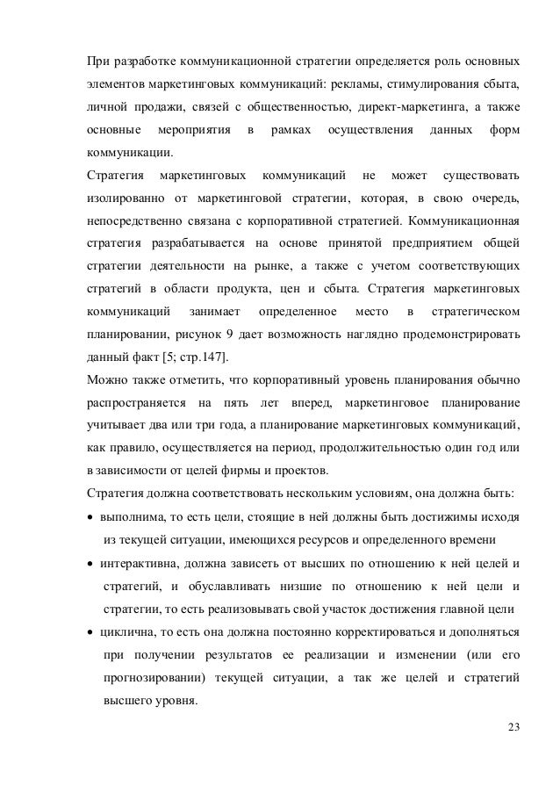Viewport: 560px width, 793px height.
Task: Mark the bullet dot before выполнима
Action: pos(90,518)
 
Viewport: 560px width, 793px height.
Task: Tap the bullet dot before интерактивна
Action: pos(90,564)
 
